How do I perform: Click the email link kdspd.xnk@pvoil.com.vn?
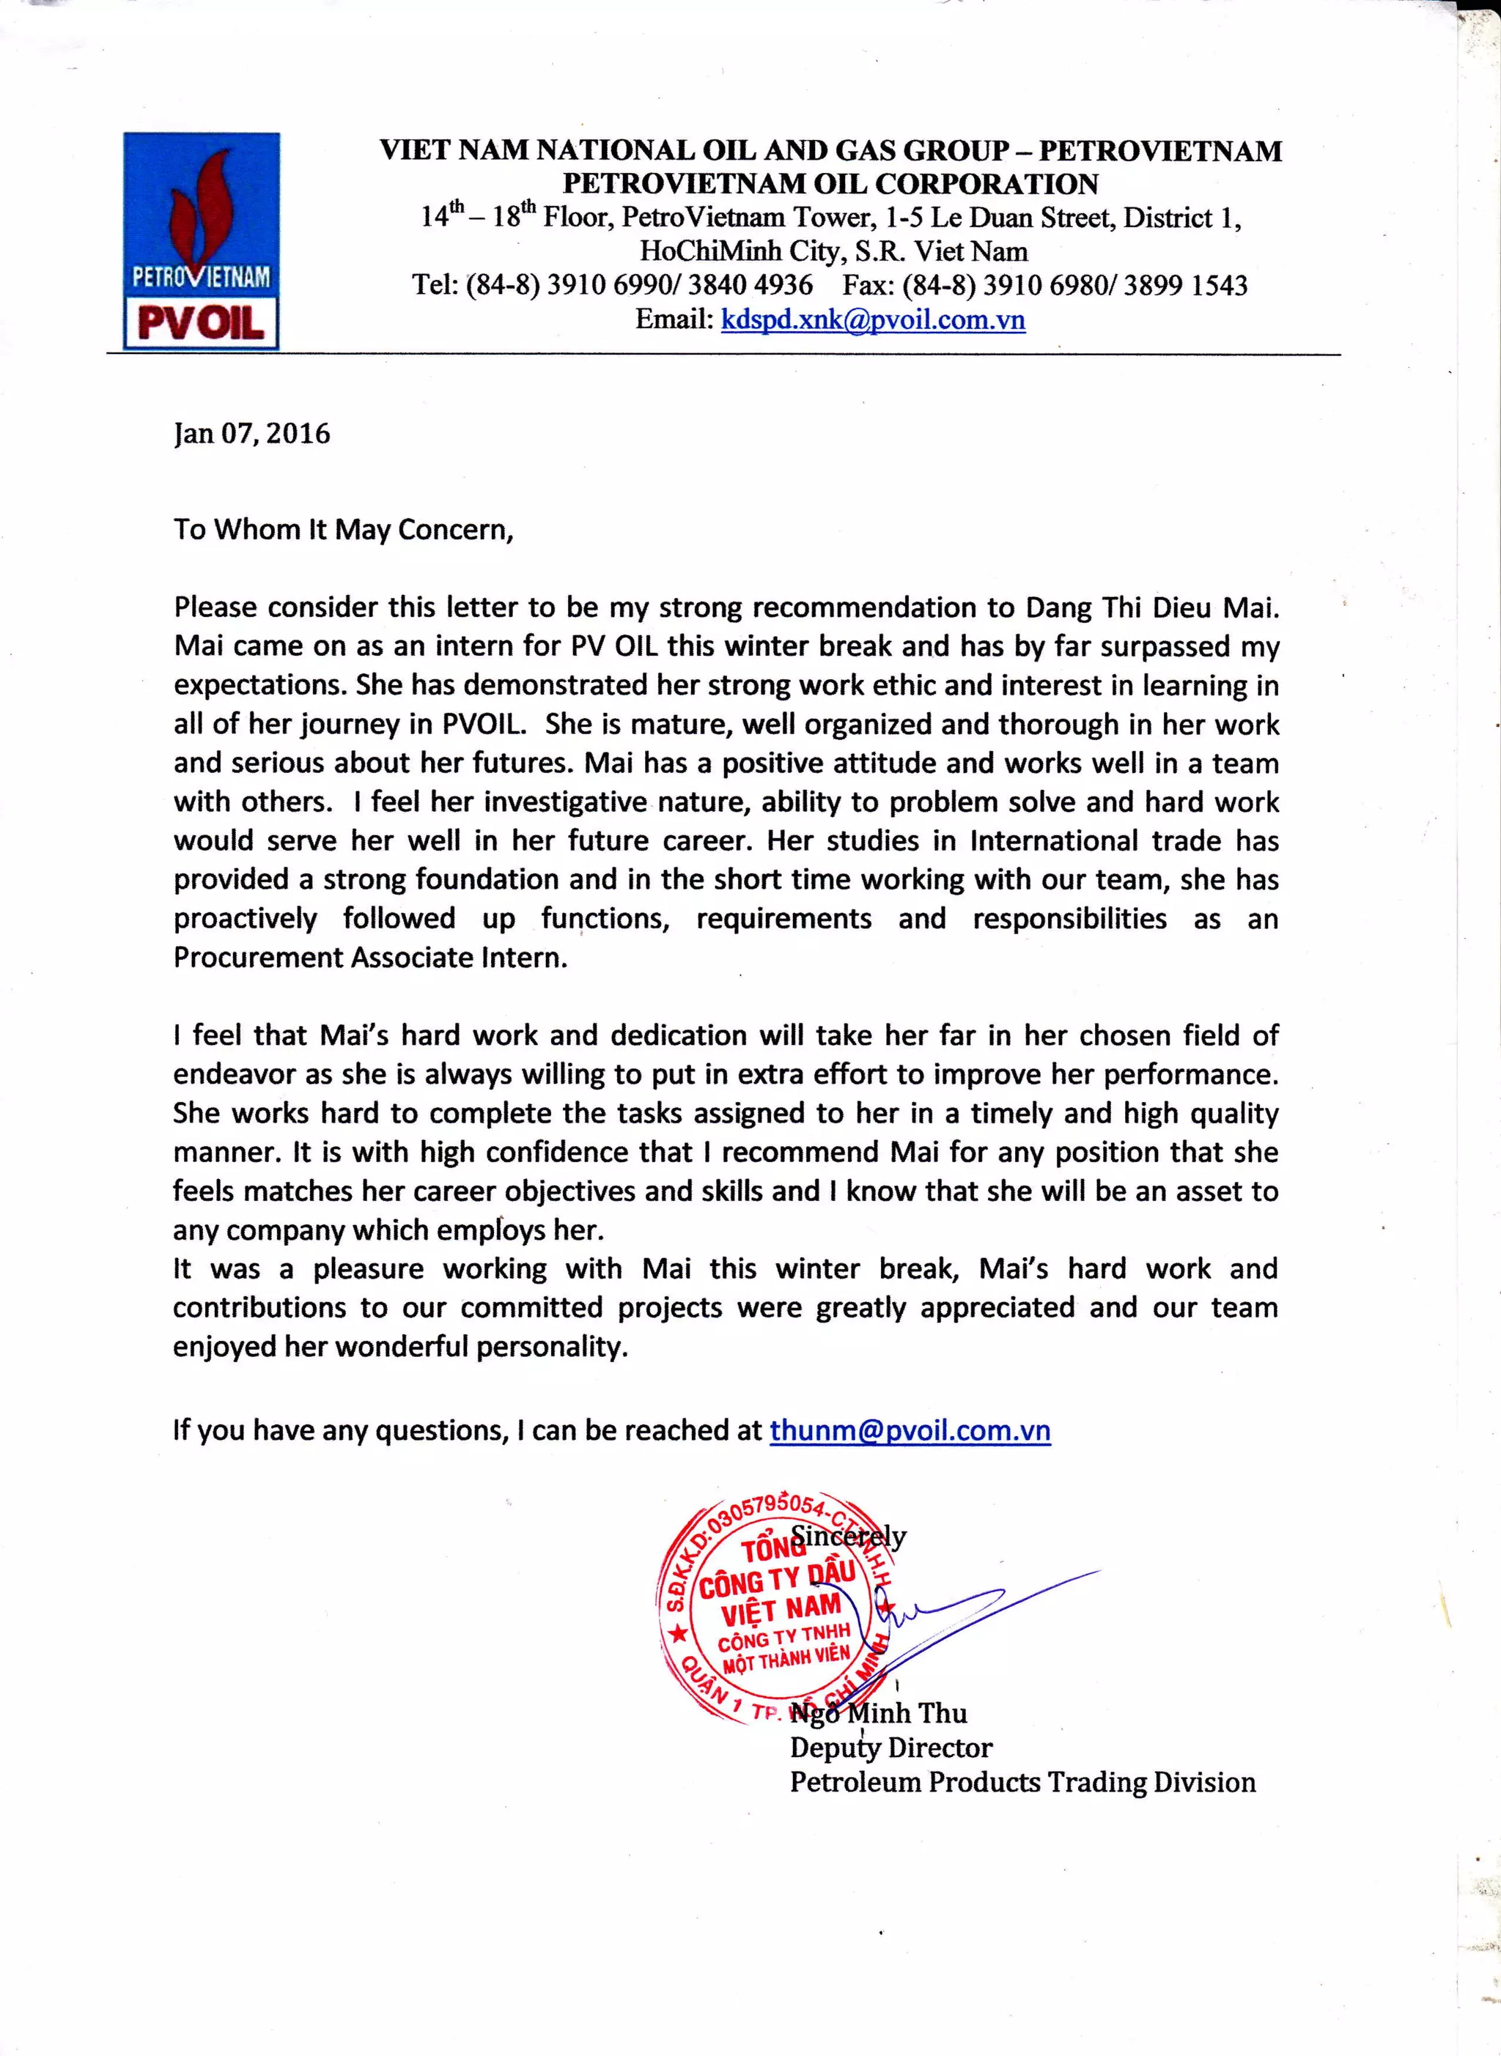pos(872,319)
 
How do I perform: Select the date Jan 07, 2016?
pos(251,433)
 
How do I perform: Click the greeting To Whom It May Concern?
pos(344,530)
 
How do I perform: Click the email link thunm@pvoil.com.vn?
pos(910,1430)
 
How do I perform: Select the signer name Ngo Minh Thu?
pos(878,1713)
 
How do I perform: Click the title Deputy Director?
pos(890,1748)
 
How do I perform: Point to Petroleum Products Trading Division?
pos(1022,1782)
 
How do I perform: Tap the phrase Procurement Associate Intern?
pos(370,957)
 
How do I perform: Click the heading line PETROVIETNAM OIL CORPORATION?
pos(830,183)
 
